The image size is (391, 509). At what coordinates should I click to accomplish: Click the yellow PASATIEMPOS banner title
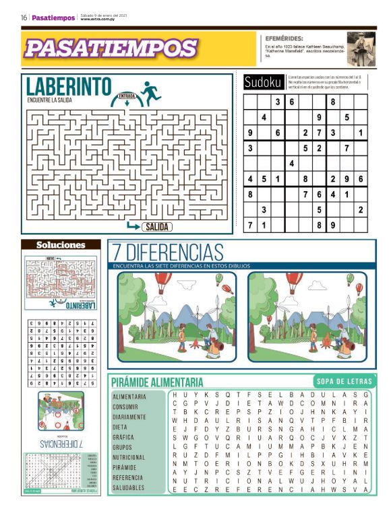tap(111, 48)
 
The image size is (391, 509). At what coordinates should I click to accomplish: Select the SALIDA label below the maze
tap(157, 227)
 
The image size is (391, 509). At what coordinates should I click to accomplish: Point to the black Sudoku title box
tap(263, 82)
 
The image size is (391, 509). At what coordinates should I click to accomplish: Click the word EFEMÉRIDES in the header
tap(284, 39)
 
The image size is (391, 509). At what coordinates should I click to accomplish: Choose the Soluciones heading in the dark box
tap(61, 245)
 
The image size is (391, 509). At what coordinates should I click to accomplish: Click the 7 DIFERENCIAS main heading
tap(169, 252)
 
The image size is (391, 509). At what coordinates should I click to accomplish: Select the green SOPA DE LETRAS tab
tap(341, 381)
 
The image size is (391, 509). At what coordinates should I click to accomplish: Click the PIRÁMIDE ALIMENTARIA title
tap(158, 382)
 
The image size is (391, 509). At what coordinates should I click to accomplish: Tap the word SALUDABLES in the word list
tap(128, 487)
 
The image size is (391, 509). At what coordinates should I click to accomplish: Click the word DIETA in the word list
tap(120, 427)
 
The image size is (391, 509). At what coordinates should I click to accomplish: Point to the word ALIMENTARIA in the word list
tap(129, 397)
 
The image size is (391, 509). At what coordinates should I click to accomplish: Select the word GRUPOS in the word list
tap(122, 447)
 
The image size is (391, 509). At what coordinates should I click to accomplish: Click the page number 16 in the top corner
tap(24, 18)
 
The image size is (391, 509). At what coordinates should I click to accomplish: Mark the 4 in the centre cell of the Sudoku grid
tap(291, 163)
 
